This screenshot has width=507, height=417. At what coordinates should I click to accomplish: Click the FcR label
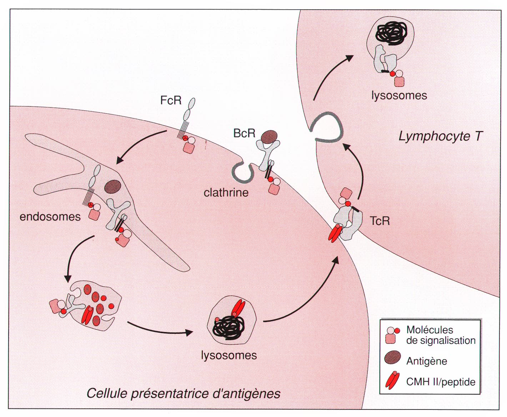171,100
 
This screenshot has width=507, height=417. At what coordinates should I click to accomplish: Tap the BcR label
244,134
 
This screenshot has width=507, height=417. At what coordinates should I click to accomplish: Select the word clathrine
226,193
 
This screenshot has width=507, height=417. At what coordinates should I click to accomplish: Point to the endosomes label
50,217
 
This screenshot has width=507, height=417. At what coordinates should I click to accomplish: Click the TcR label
380,221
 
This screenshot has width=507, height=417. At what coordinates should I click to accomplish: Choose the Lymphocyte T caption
440,136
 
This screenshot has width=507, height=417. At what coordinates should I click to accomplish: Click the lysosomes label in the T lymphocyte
399,96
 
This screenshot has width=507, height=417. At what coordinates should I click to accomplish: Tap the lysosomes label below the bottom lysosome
229,355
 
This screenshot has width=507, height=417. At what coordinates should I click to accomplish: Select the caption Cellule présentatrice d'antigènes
184,393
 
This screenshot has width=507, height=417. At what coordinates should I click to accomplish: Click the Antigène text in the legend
427,361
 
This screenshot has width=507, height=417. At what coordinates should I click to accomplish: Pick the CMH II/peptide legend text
441,382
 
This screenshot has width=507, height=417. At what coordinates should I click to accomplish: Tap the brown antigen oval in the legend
392,358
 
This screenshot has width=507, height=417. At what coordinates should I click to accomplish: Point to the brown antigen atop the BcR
269,136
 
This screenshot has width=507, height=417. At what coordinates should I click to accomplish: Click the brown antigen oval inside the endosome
113,186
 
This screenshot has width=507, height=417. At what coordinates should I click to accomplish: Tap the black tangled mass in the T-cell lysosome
391,34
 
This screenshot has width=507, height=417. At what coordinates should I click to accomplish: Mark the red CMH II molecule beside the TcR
335,233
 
